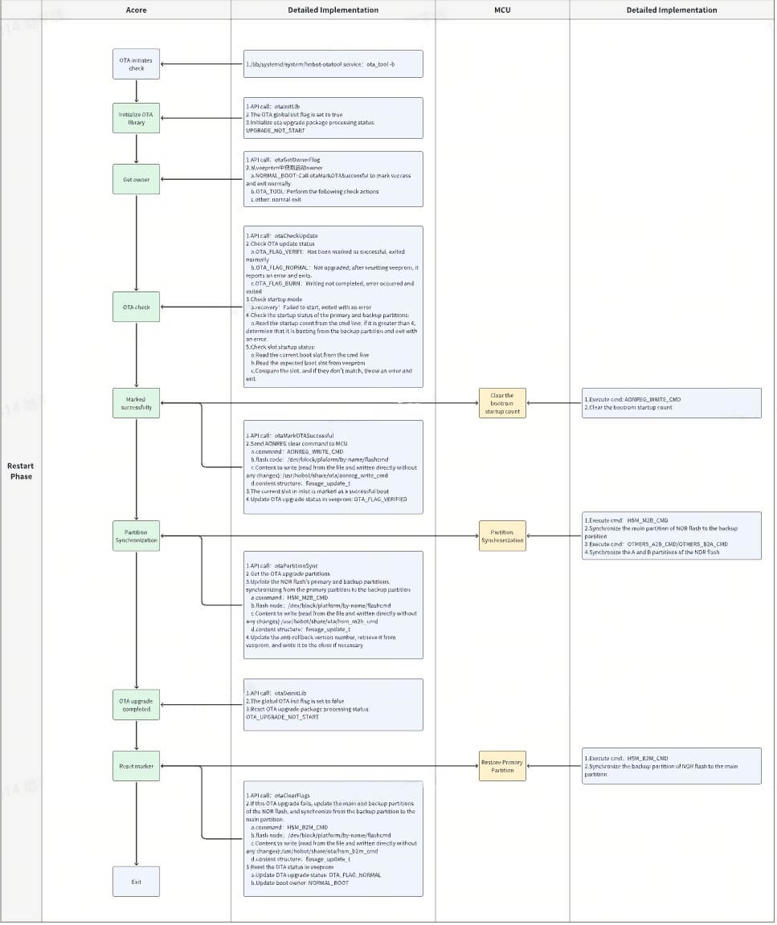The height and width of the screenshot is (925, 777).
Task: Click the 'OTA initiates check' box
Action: click(137, 64)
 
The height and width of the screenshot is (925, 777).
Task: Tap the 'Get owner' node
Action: click(137, 179)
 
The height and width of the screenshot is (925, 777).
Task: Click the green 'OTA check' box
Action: click(137, 307)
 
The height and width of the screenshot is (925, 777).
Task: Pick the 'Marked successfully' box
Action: click(137, 403)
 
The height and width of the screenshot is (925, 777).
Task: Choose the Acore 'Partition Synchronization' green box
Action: click(137, 536)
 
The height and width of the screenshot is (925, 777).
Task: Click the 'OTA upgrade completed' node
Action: click(137, 705)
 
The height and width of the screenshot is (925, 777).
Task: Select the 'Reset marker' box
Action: click(137, 765)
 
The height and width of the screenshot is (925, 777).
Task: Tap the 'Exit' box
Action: click(137, 882)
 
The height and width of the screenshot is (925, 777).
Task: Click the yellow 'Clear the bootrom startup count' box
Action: click(502, 403)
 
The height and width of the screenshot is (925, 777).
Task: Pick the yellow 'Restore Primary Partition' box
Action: click(502, 765)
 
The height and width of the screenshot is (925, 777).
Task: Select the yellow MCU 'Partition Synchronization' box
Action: click(502, 536)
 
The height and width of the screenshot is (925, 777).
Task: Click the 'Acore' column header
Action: click(137, 10)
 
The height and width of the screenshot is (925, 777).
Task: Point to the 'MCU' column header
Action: click(502, 10)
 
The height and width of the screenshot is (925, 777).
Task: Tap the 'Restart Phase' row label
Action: click(21, 471)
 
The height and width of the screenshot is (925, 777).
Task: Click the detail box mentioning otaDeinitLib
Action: click(333, 704)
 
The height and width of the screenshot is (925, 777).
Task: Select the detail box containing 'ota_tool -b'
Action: click(333, 64)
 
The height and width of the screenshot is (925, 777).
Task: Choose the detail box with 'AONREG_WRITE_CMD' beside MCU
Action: click(672, 403)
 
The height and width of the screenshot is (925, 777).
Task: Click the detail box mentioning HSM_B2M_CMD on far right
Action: click(672, 765)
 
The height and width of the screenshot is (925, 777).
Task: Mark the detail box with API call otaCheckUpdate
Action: click(333, 307)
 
